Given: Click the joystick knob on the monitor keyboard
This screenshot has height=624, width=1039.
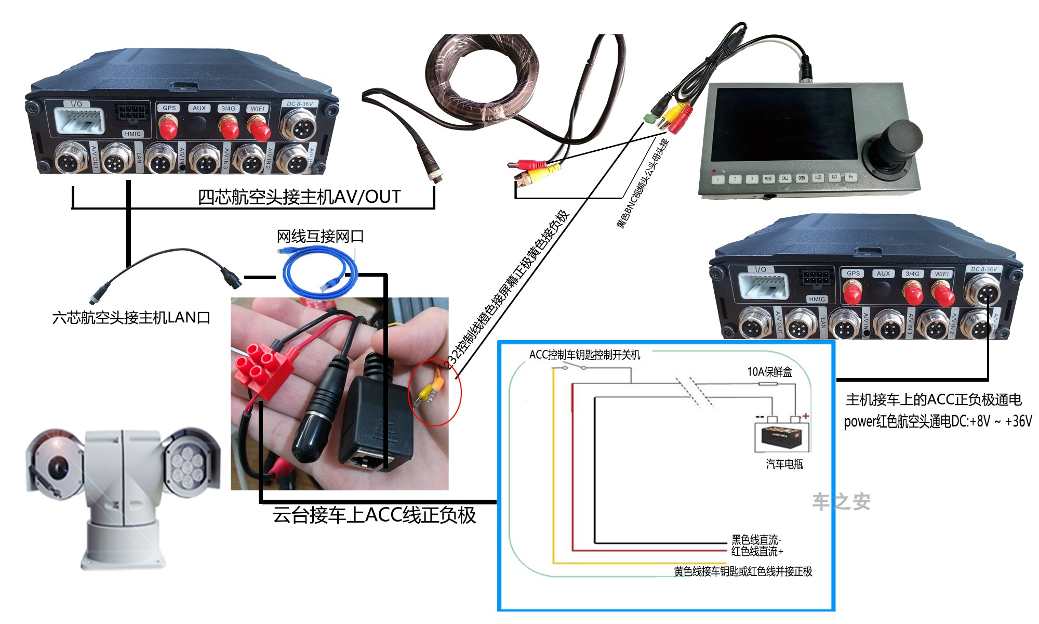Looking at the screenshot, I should (x=903, y=139).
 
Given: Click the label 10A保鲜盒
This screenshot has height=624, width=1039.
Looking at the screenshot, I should (x=769, y=371).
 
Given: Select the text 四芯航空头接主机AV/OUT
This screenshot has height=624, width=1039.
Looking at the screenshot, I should (x=299, y=197).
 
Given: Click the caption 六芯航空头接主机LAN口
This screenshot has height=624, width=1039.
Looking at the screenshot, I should (x=131, y=317).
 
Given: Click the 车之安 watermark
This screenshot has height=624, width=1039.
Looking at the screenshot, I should (x=841, y=501).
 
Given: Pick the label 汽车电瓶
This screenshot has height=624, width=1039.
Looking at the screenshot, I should (x=784, y=463).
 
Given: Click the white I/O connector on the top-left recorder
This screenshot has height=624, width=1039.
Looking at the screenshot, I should (x=79, y=121).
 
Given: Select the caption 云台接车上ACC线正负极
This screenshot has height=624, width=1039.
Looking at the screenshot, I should (x=374, y=515).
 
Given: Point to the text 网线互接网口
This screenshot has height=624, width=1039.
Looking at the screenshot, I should (x=320, y=237).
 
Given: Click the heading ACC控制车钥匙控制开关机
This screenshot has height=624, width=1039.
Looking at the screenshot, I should (x=584, y=355).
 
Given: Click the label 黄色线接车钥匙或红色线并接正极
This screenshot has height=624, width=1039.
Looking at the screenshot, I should (x=743, y=571).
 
